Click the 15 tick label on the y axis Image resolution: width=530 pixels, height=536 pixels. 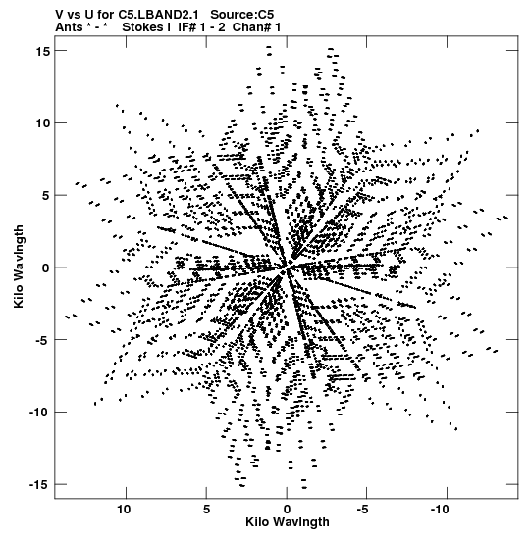coord(43,51)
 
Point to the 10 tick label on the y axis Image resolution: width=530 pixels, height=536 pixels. coord(43,123)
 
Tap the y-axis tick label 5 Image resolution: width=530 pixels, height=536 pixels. coord(46,196)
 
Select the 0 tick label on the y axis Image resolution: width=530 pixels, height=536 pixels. coord(46,268)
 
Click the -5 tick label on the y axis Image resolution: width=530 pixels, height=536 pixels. coord(42,340)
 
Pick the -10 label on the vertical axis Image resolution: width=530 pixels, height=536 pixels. coord(39,413)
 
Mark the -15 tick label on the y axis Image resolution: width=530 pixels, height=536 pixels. coord(39,485)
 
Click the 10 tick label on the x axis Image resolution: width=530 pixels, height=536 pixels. coord(124,510)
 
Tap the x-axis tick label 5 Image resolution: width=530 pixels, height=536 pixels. coord(206,510)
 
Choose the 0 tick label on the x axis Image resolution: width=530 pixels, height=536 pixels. coord(287,510)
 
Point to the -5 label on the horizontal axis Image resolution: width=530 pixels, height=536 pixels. coord(364,510)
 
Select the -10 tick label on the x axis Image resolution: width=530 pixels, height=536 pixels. coord(441,510)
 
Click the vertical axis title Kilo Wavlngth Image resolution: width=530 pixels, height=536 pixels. coord(19,267)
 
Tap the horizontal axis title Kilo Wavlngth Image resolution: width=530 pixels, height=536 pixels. coord(288,522)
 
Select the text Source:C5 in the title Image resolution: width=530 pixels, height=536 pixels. coord(242,15)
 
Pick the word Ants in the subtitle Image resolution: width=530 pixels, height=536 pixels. coord(69,27)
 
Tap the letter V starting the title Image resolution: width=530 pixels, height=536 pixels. coord(59,15)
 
